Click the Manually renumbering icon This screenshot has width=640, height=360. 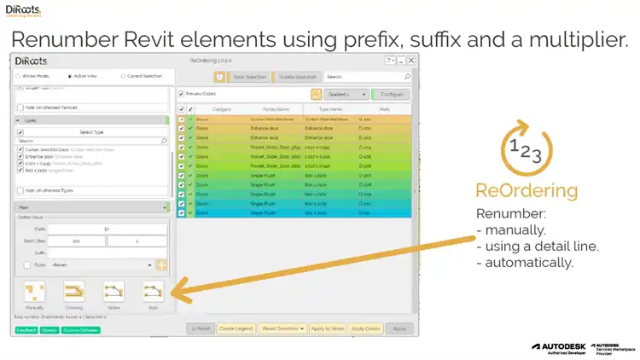tap(35, 293)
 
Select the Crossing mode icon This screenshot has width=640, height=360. tap(74, 293)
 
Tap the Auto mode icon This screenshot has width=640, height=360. tap(153, 293)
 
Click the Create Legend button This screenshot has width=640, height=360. tap(236, 328)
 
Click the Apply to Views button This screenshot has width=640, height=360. tap(327, 328)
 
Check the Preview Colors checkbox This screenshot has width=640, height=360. tap(182, 94)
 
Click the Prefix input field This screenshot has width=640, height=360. tap(107, 229)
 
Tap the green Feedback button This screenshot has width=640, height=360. tap(24, 328)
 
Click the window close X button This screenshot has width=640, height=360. tap(411, 61)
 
